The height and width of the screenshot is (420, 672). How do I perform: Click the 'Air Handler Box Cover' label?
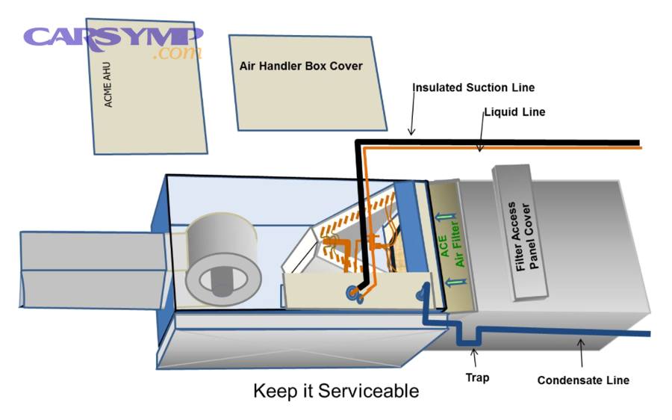pyautogui.click(x=301, y=66)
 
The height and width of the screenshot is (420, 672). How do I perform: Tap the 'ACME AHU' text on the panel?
pyautogui.click(x=108, y=84)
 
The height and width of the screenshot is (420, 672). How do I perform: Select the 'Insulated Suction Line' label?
pyautogui.click(x=473, y=87)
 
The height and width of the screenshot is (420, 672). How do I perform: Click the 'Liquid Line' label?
pyautogui.click(x=514, y=112)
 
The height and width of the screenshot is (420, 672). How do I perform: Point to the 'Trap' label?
pyautogui.click(x=477, y=377)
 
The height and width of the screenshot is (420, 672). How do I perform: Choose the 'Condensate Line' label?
pyautogui.click(x=583, y=380)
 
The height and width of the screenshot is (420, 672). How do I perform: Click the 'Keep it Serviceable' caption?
pyautogui.click(x=336, y=391)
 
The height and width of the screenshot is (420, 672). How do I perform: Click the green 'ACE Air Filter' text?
pyautogui.click(x=452, y=245)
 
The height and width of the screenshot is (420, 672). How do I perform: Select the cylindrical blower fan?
pyautogui.click(x=223, y=259)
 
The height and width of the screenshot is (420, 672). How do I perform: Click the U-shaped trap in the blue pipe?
pyautogui.click(x=468, y=336)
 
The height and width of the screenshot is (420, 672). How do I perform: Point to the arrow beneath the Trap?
pyautogui.click(x=474, y=357)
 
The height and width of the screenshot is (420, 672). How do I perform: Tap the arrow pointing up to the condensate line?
pyautogui.click(x=581, y=353)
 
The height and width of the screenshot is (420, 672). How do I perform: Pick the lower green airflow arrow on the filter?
pyautogui.click(x=455, y=282)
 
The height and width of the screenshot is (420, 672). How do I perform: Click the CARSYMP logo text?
pyautogui.click(x=113, y=37)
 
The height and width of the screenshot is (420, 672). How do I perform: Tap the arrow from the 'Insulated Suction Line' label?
pyautogui.click(x=412, y=112)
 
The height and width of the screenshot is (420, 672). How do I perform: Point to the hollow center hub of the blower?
pyautogui.click(x=223, y=281)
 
